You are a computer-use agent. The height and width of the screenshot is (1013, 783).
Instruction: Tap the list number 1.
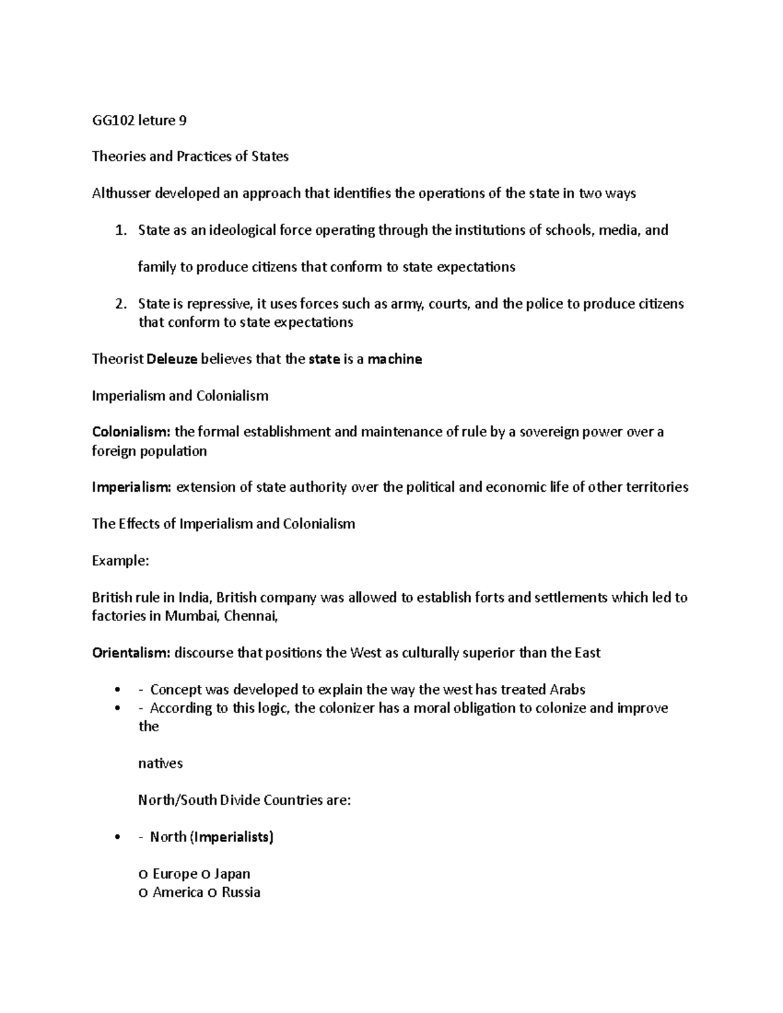tap(119, 230)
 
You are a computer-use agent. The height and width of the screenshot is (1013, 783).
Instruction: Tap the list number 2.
tap(119, 304)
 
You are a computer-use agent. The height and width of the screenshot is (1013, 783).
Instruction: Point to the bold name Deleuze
tap(173, 359)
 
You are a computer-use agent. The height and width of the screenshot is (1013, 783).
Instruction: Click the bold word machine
tap(395, 359)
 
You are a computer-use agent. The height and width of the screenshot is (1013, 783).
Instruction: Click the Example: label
tap(121, 560)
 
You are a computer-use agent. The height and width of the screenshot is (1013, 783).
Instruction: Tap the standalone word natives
tap(161, 763)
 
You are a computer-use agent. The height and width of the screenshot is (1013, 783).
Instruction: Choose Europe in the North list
tap(174, 873)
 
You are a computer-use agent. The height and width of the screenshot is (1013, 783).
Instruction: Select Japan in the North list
tap(232, 873)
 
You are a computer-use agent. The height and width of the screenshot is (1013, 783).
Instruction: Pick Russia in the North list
tap(241, 892)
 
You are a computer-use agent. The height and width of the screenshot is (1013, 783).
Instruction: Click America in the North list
tap(177, 892)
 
